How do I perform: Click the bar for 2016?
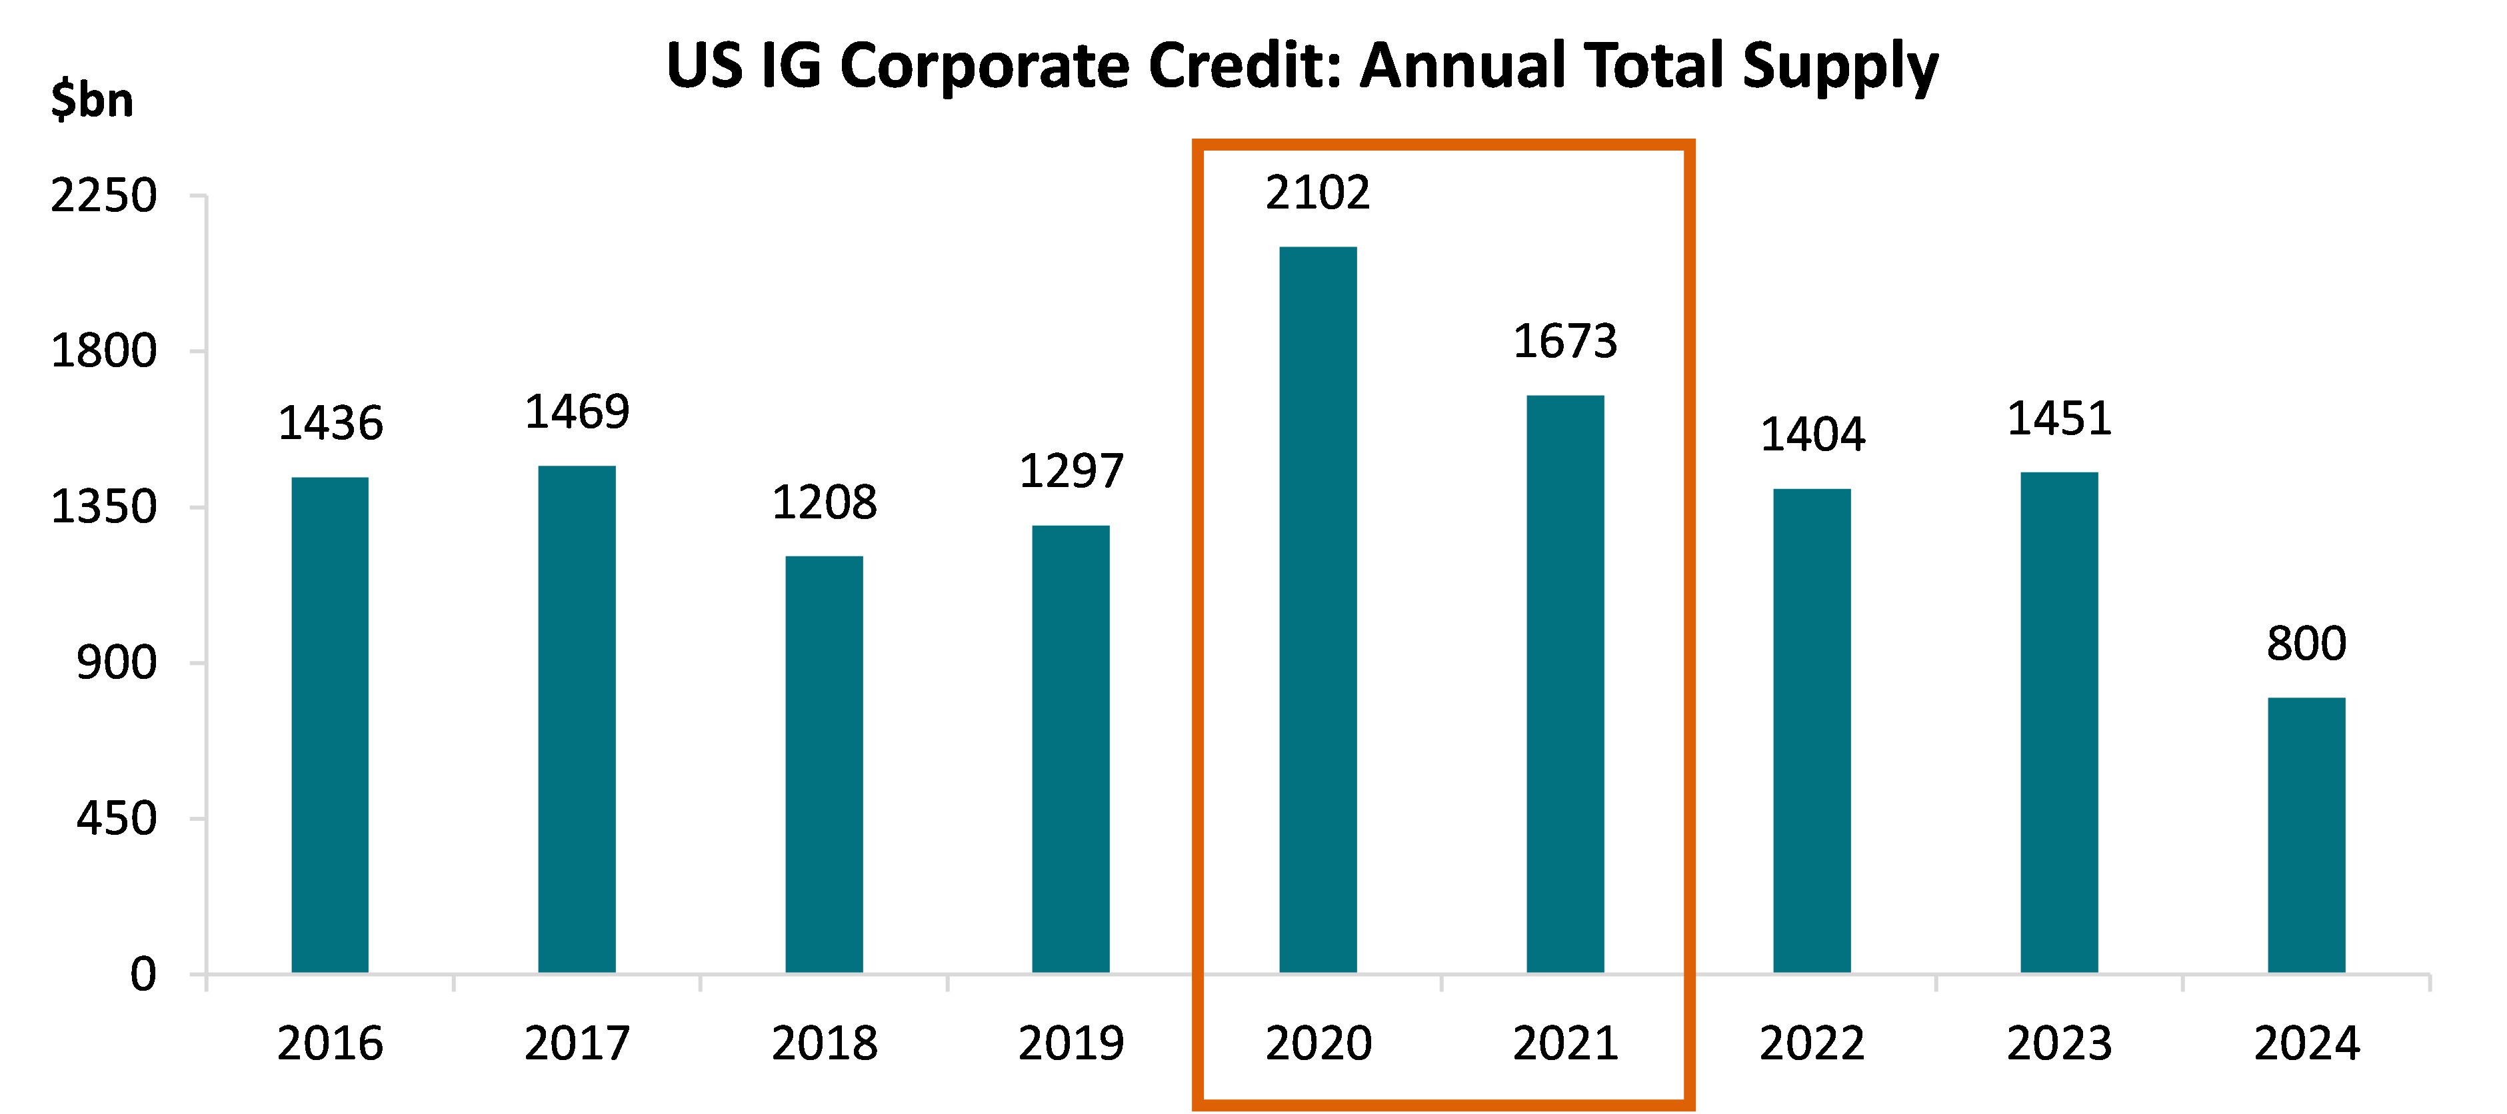pos(330,725)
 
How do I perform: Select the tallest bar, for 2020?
pos(1318,610)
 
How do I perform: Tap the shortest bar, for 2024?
pos(2306,835)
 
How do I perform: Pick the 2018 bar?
pos(825,764)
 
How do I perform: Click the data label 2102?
pos(1318,193)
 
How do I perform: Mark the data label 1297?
pos(1071,472)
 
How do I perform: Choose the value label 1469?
pos(577,412)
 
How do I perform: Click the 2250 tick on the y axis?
pos(103,197)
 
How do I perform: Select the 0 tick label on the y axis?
pos(143,975)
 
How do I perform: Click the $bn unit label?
pos(93,100)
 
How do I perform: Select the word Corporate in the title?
pos(984,66)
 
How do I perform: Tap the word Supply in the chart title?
pos(1839,66)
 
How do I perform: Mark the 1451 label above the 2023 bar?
pos(2059,419)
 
